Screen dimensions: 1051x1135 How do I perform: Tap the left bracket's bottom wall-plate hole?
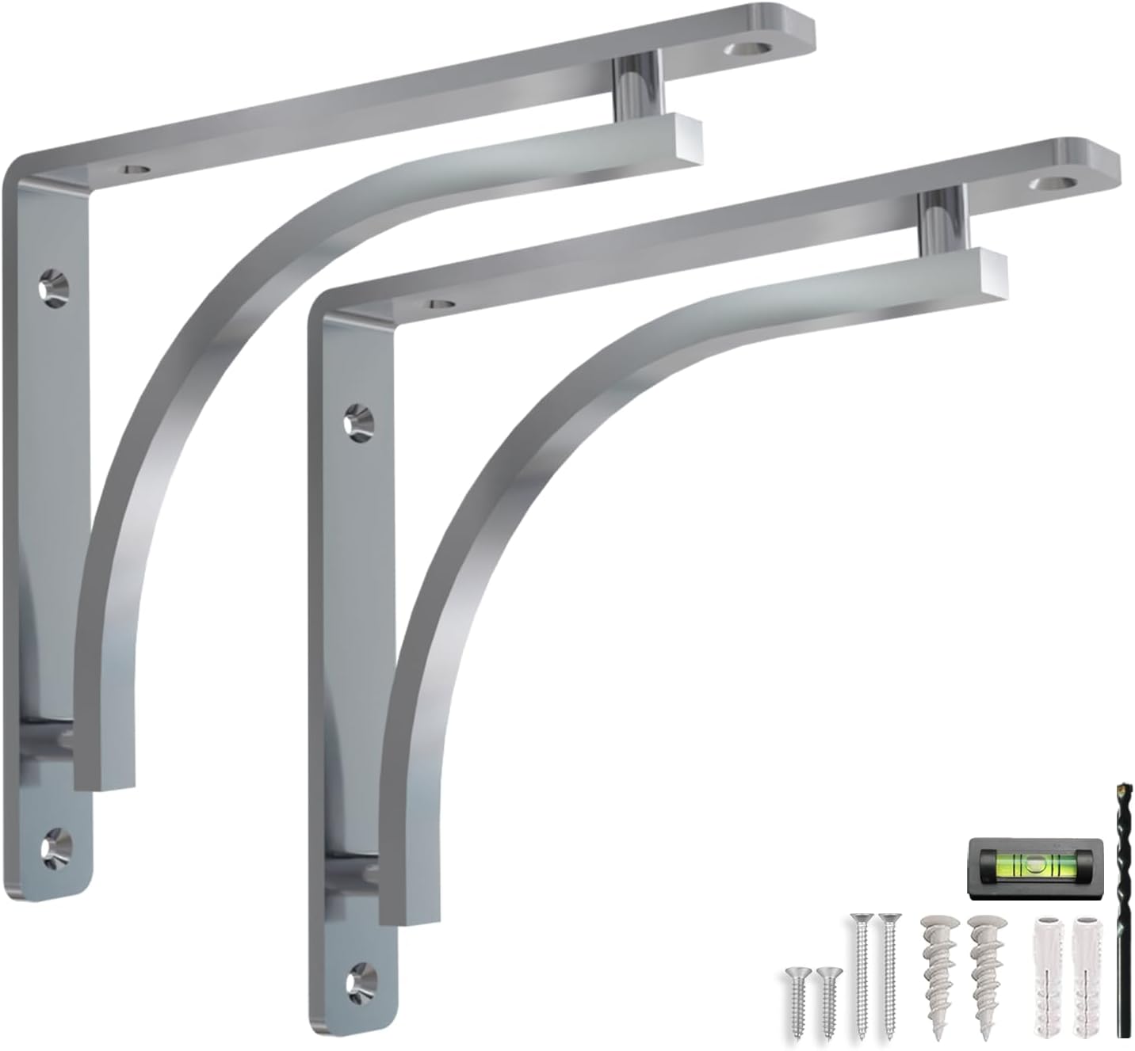pos(55,844)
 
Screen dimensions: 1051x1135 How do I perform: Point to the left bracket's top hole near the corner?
pos(136,169)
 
